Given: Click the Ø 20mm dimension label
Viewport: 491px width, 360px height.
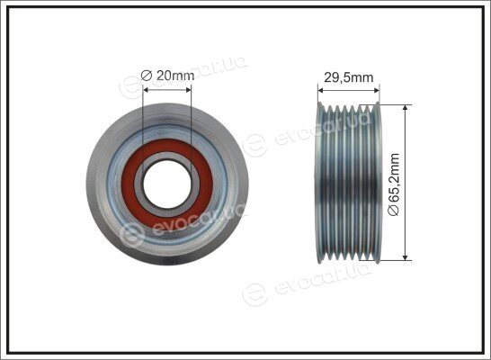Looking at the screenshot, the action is [x=167, y=76].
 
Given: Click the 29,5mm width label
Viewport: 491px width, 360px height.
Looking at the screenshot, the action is [x=349, y=77].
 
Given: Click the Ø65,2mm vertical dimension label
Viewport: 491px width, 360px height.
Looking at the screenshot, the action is [x=394, y=184].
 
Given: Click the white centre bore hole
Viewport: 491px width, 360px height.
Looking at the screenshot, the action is [x=167, y=184].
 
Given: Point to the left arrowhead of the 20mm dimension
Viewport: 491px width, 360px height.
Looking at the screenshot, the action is [x=146, y=90].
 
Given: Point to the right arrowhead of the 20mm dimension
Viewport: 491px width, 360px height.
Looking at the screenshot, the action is [x=189, y=90].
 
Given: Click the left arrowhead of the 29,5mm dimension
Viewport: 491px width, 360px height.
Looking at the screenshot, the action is [x=320, y=91].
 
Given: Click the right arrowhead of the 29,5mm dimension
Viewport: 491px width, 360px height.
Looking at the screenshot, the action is [x=377, y=91].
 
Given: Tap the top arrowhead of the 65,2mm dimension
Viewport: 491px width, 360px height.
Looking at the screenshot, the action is [x=406, y=107].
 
